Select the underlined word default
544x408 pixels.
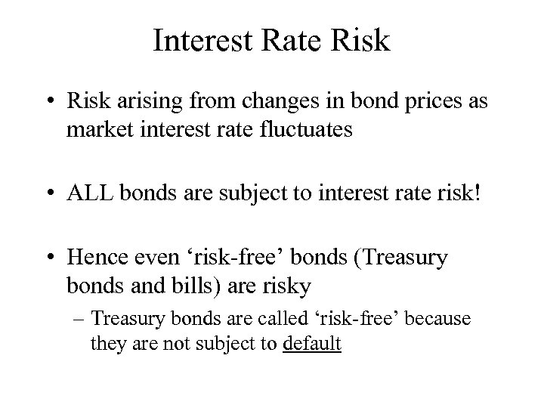tap(311, 344)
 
